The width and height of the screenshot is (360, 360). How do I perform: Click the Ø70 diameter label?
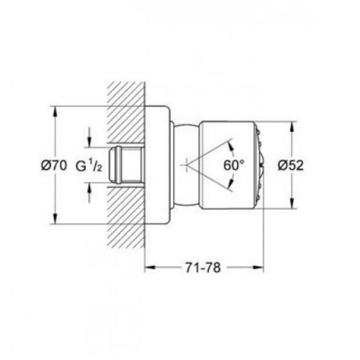point(54,166)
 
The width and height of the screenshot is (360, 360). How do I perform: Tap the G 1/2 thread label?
point(89,166)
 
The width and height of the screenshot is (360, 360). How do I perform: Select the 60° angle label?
point(234,165)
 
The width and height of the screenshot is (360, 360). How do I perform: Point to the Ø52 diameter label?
point(290,165)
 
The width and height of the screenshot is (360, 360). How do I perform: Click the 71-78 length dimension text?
point(203,268)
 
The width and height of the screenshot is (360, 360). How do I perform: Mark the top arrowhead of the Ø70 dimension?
point(55,112)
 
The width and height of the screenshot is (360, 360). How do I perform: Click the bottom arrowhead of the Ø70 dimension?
point(55,218)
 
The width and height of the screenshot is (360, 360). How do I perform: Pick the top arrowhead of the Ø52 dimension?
point(292,127)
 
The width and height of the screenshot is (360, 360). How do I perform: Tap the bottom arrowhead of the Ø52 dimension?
point(292,203)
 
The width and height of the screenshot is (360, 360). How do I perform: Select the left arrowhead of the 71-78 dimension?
point(151,267)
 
